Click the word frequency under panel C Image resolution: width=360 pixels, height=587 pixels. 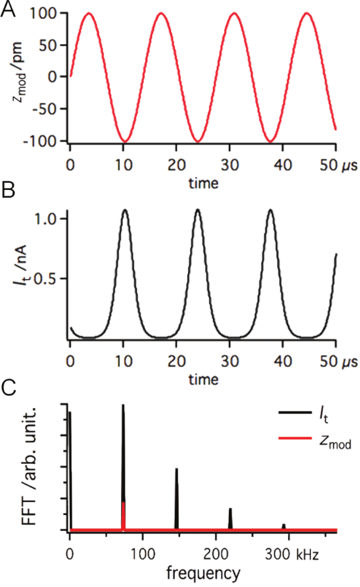(x=203, y=572)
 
